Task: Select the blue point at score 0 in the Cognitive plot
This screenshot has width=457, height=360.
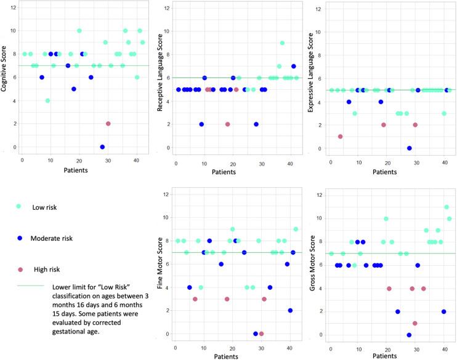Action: (x=102, y=147)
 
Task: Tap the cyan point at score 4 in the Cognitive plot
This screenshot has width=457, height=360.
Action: (x=47, y=100)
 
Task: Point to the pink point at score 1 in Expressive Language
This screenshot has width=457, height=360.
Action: (x=341, y=137)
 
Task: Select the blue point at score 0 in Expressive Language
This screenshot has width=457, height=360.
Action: (x=410, y=148)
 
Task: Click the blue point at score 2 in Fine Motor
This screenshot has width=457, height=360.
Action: (x=290, y=311)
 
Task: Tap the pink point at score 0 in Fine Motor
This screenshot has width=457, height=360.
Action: (x=262, y=334)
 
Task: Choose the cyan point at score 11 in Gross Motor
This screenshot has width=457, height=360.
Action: (x=447, y=207)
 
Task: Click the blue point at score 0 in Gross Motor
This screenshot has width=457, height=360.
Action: (x=409, y=335)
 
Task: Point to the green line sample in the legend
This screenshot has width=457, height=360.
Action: (x=28, y=286)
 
